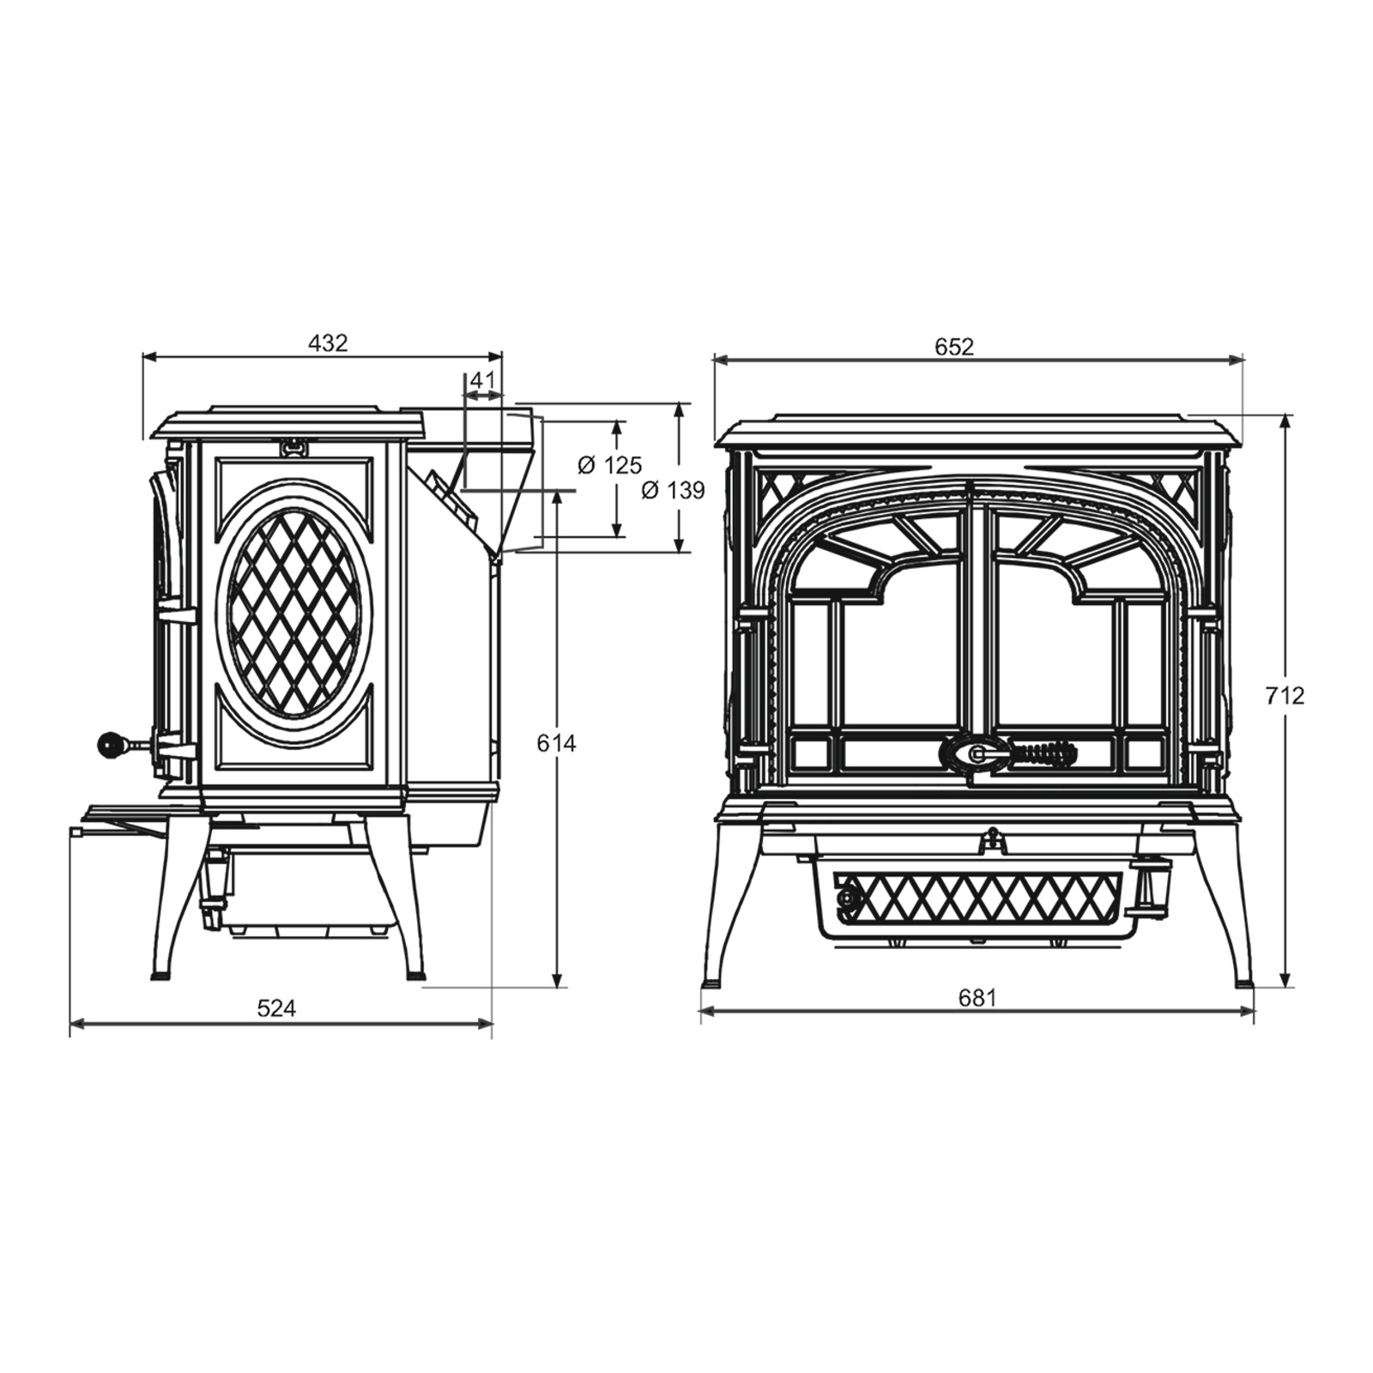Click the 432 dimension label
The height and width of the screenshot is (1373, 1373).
click(x=328, y=343)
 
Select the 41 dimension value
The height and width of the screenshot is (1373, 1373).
click(x=483, y=381)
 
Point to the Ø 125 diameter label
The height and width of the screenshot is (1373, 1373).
click(x=609, y=465)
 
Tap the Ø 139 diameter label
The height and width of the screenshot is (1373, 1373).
click(x=674, y=491)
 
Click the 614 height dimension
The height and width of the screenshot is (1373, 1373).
click(x=556, y=743)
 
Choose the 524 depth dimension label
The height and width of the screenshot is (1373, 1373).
click(x=276, y=1009)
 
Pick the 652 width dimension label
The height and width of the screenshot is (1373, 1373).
click(x=954, y=347)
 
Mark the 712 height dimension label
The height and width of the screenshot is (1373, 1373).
click(x=1285, y=696)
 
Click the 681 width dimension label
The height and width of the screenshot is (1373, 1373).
click(x=977, y=998)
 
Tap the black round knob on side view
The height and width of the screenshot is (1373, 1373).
click(x=112, y=745)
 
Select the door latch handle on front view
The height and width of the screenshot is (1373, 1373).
click(x=1008, y=753)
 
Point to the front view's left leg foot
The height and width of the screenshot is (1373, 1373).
click(x=713, y=982)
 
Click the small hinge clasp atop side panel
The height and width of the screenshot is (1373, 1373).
click(x=294, y=446)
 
